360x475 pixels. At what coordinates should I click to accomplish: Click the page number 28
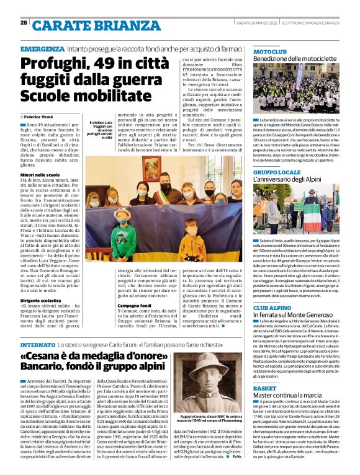pos(24,23)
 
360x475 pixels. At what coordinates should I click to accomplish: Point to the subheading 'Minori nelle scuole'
pos(42,175)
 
